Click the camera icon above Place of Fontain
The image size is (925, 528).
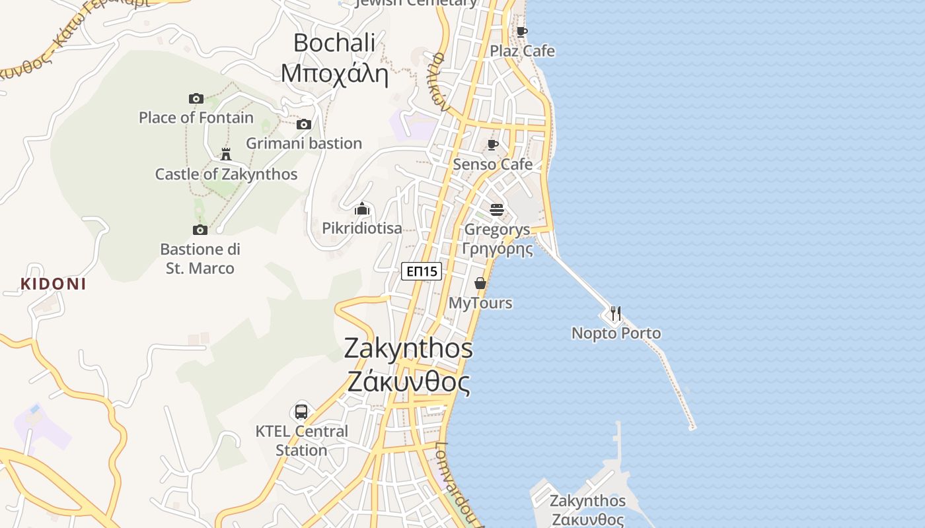tap(196, 99)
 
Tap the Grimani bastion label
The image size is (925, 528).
tap(304, 143)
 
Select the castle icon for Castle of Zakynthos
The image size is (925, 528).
tap(226, 154)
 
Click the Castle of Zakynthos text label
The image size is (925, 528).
tap(226, 174)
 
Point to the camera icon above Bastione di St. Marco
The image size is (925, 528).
tap(200, 230)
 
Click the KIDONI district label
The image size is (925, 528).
tap(54, 284)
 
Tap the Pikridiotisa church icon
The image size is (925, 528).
tap(362, 209)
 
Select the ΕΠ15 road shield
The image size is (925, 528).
tap(422, 271)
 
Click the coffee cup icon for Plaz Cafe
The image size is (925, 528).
tap(522, 32)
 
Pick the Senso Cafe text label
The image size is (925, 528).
tap(492, 164)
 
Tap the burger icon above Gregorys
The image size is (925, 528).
tap(497, 210)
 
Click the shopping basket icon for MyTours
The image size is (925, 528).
tap(480, 283)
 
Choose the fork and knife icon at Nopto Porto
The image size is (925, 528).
tap(616, 313)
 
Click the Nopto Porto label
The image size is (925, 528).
tap(616, 333)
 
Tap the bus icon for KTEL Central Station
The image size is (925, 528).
tap(301, 411)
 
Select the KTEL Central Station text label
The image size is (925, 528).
tap(301, 441)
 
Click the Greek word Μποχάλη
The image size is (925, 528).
tap(334, 73)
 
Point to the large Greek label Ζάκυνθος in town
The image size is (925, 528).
tap(408, 383)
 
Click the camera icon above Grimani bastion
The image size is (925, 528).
tap(304, 124)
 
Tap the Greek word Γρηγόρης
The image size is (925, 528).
tap(497, 249)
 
